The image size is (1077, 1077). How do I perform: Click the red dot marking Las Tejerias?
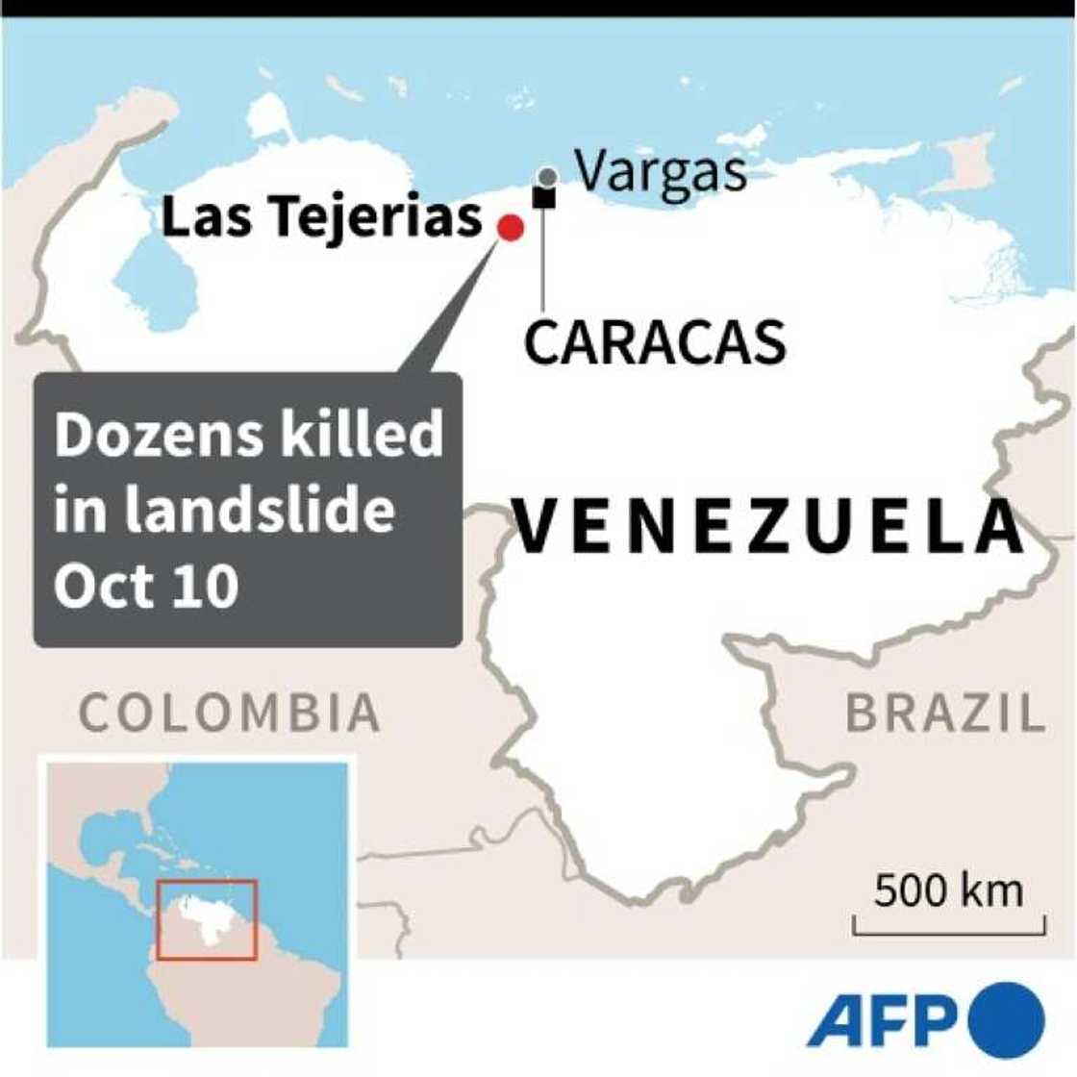pos(510,228)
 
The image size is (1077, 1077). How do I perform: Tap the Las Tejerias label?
pos(321,216)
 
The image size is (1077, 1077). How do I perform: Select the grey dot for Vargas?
pos(547,177)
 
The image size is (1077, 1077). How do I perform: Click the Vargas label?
pos(662,171)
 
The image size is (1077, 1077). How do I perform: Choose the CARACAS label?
pos(655,341)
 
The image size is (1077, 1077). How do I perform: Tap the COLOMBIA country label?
pos(230,713)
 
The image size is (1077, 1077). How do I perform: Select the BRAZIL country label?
pos(945,713)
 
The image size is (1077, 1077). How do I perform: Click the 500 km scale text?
pos(948,890)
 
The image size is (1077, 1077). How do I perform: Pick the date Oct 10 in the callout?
pos(146,584)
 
